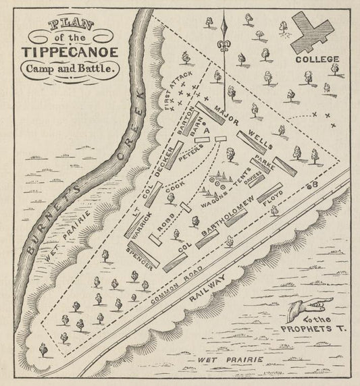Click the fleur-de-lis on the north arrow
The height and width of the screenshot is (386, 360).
(223, 49)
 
